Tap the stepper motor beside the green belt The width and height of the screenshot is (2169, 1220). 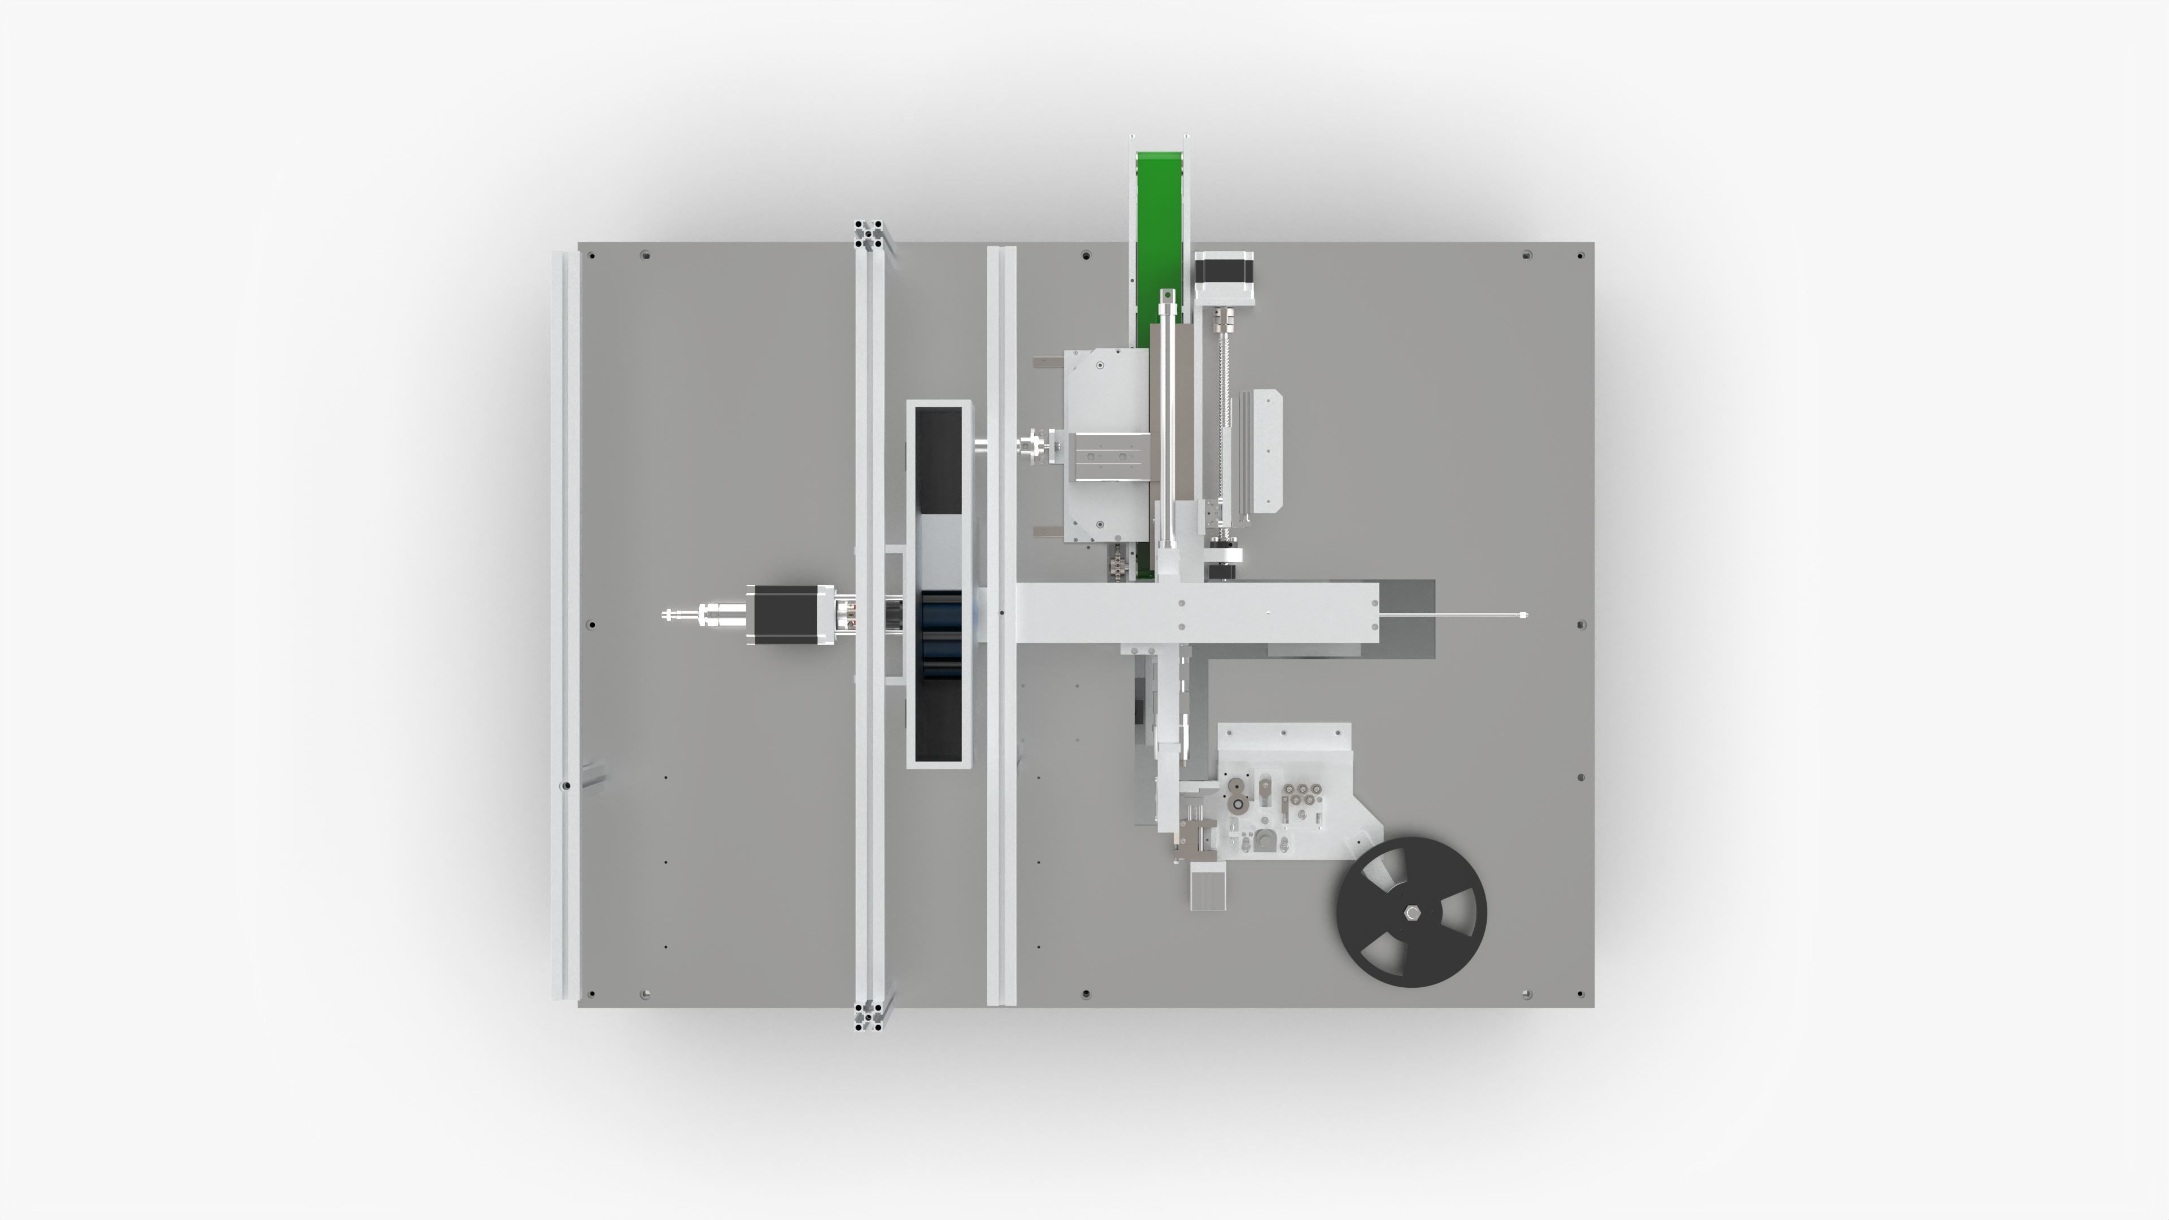pos(1224,280)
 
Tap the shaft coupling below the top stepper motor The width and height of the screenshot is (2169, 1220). pos(1222,321)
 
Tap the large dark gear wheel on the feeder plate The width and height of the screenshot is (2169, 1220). pos(1237,805)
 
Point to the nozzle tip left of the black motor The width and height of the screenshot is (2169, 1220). pos(668,615)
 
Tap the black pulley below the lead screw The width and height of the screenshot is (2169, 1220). pos(1222,572)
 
